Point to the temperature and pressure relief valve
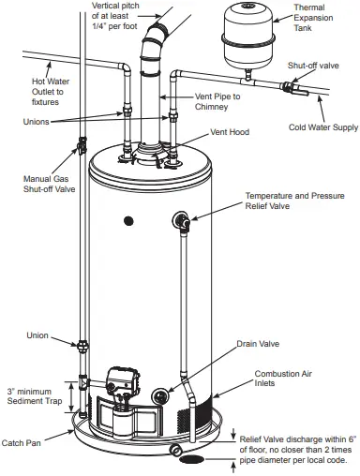[x=181, y=221]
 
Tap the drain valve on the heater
[x=166, y=394]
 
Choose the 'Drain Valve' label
[x=258, y=343]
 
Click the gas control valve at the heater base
[x=119, y=385]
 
